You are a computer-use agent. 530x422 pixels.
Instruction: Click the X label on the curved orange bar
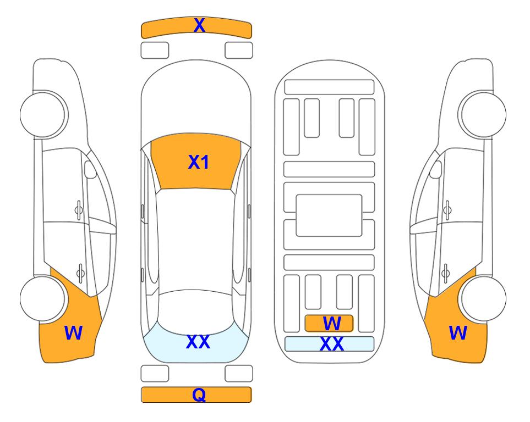pyautogui.click(x=199, y=25)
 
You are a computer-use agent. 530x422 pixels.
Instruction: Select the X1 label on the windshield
pyautogui.click(x=199, y=162)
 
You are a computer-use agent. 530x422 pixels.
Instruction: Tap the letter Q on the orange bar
pyautogui.click(x=199, y=395)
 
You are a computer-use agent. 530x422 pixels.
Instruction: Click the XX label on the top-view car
pyautogui.click(x=198, y=342)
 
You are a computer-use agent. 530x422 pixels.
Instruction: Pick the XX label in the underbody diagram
pyautogui.click(x=332, y=344)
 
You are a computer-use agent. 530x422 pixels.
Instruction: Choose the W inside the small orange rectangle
pyautogui.click(x=332, y=324)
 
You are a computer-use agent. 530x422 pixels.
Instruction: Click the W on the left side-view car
pyautogui.click(x=73, y=333)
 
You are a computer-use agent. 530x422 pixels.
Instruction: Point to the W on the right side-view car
pyautogui.click(x=458, y=333)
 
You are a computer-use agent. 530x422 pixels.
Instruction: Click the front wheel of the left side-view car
pyautogui.click(x=43, y=114)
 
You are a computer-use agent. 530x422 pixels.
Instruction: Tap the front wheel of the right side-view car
pyautogui.click(x=483, y=114)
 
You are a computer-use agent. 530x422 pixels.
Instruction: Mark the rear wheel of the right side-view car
pyautogui.click(x=483, y=298)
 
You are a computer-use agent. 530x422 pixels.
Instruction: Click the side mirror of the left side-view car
pyautogui.click(x=90, y=169)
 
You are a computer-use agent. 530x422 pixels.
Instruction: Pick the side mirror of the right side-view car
pyautogui.click(x=436, y=169)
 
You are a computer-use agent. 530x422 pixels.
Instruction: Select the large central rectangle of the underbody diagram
pyautogui.click(x=329, y=215)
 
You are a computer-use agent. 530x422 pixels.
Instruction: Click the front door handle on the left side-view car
pyautogui.click(x=79, y=210)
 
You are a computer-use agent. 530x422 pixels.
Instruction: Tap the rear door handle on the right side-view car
pyautogui.click(x=446, y=273)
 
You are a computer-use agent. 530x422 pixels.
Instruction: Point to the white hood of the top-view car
pyautogui.click(x=196, y=101)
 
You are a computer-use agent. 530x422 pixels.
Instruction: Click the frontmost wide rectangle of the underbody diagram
pyautogui.click(x=329, y=87)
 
